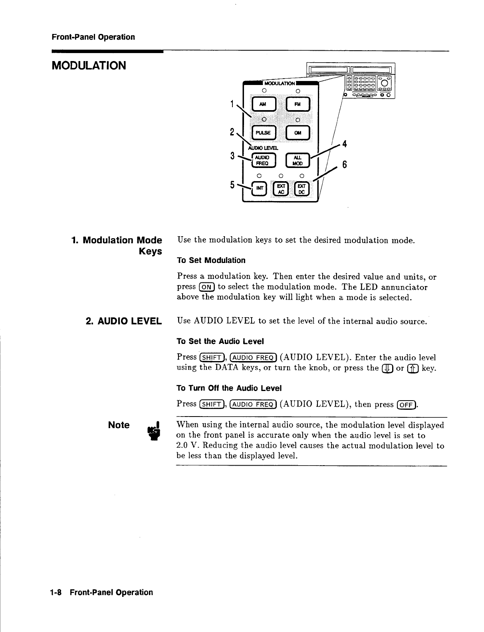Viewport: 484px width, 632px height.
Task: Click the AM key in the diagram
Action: coord(263,104)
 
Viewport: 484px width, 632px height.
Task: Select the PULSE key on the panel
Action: coord(263,133)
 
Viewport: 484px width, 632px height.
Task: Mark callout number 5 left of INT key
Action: coord(232,185)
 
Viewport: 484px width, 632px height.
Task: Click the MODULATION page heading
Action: coord(89,65)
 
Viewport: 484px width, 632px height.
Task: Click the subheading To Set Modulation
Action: coord(211,261)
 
